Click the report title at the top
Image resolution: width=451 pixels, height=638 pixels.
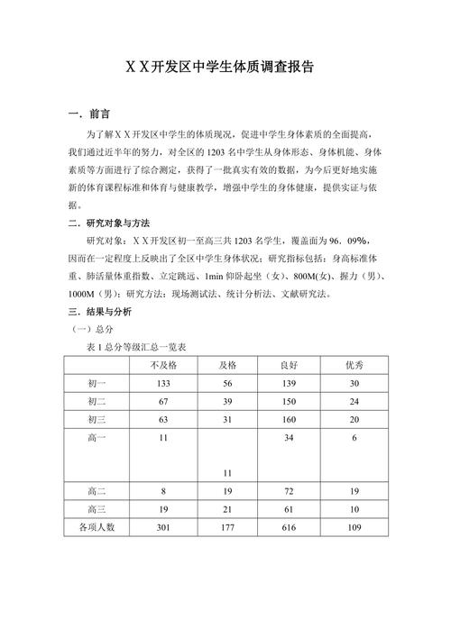pos(225,67)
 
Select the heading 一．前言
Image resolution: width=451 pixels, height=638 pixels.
pos(89,114)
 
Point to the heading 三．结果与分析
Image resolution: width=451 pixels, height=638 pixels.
pos(101,311)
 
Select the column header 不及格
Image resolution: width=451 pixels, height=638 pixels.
pos(163,365)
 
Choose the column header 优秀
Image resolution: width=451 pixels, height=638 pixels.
pos(354,365)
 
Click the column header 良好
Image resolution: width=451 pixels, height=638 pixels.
pos(289,365)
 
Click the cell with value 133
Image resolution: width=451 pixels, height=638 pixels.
pos(163,383)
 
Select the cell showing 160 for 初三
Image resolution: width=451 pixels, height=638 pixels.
pos(289,419)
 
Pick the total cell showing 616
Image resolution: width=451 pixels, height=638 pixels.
pos(289,526)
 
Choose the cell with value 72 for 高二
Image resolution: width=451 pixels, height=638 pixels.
pos(289,491)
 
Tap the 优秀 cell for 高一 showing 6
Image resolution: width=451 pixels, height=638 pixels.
pos(354,437)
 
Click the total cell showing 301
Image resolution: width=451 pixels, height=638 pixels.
pos(163,526)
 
